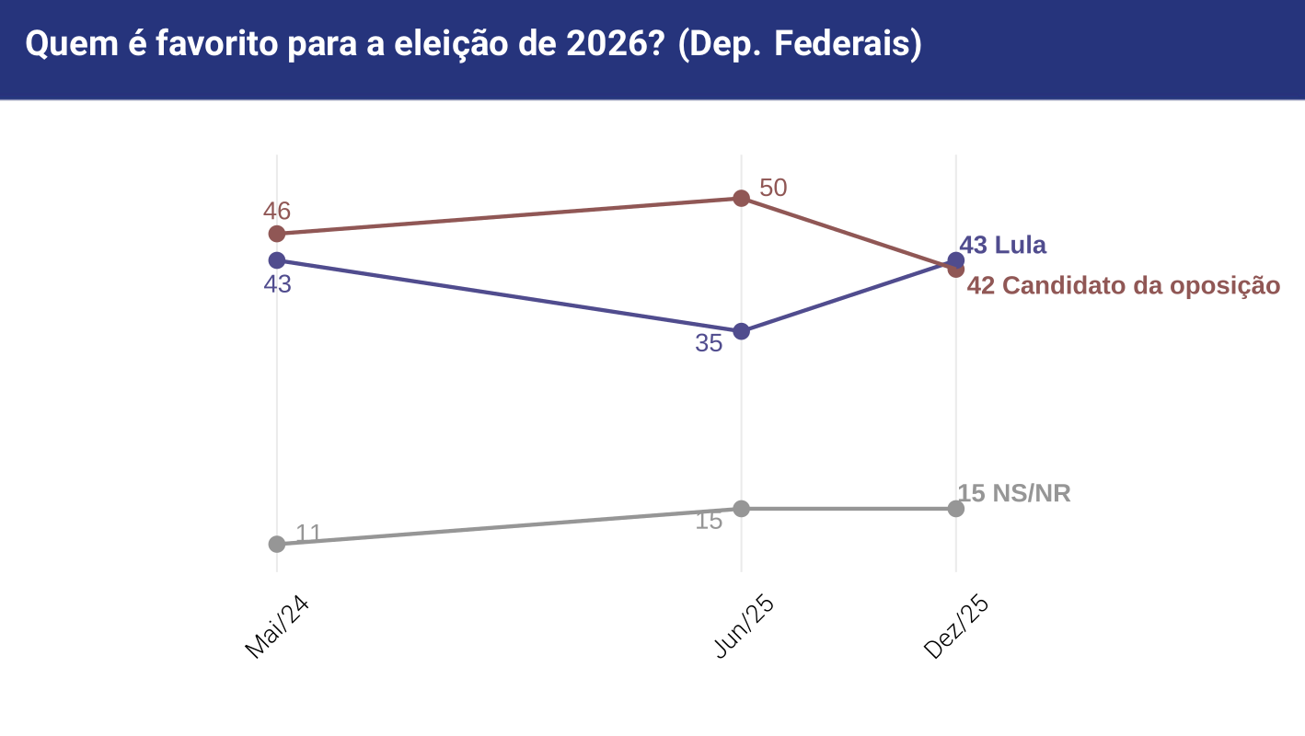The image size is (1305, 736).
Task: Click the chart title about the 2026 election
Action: point(473,44)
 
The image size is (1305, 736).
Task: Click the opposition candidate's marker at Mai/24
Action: point(277,234)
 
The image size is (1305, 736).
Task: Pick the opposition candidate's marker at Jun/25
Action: point(742,198)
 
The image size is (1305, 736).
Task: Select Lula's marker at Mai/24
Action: point(277,260)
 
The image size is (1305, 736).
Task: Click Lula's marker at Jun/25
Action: point(742,331)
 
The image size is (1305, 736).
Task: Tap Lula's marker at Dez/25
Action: point(956,259)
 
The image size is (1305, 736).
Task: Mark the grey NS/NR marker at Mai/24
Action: point(277,544)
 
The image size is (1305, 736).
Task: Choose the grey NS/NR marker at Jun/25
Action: point(742,508)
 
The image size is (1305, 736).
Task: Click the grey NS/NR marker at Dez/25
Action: point(956,509)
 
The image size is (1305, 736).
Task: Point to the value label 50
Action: point(773,188)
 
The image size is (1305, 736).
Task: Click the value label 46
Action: point(277,211)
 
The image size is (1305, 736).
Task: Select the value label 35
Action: point(709,344)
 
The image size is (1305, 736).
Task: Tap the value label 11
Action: point(308,533)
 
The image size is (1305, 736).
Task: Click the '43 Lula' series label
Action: point(1002,246)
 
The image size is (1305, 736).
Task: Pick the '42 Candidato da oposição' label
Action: point(1123,286)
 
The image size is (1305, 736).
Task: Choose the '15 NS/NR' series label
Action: point(1014,494)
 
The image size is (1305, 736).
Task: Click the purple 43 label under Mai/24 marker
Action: point(277,285)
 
